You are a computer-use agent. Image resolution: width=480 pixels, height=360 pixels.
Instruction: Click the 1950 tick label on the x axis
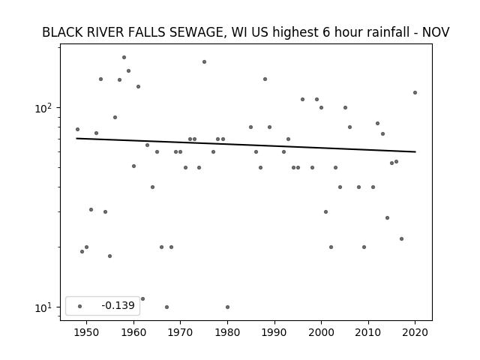(87, 332)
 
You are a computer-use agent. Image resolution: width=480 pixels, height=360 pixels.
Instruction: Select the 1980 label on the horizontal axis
(227, 332)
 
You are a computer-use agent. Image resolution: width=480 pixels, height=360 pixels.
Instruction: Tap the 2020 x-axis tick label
(415, 332)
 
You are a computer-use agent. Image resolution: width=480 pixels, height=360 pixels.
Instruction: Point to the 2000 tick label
(321, 332)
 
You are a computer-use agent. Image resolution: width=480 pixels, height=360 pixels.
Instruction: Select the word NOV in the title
(436, 32)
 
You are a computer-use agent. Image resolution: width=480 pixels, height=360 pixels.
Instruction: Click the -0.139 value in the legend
(118, 305)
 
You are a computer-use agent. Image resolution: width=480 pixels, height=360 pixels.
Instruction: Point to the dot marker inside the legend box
(80, 306)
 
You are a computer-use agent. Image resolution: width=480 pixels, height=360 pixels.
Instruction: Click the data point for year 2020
(415, 92)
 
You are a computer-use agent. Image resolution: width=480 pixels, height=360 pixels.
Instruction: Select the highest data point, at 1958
(124, 57)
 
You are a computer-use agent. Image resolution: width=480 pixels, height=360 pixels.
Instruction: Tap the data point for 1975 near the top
(204, 61)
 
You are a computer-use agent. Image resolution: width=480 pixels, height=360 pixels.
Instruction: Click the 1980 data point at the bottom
(227, 307)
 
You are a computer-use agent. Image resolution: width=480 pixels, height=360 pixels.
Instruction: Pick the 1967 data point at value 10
(166, 307)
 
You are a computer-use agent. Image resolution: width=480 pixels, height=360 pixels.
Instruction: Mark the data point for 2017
(402, 238)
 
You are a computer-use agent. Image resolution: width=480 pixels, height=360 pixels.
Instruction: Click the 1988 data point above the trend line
(265, 79)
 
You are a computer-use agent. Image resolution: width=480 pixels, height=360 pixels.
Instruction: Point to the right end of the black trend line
(415, 151)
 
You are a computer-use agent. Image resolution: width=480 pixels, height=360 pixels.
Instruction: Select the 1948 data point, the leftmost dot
(77, 129)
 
